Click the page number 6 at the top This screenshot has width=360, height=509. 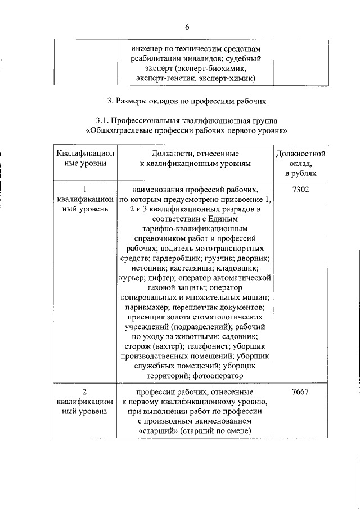click(x=187, y=28)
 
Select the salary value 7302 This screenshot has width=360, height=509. click(x=301, y=189)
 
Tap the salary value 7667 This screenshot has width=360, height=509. click(x=301, y=391)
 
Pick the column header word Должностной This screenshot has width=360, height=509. click(x=301, y=154)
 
